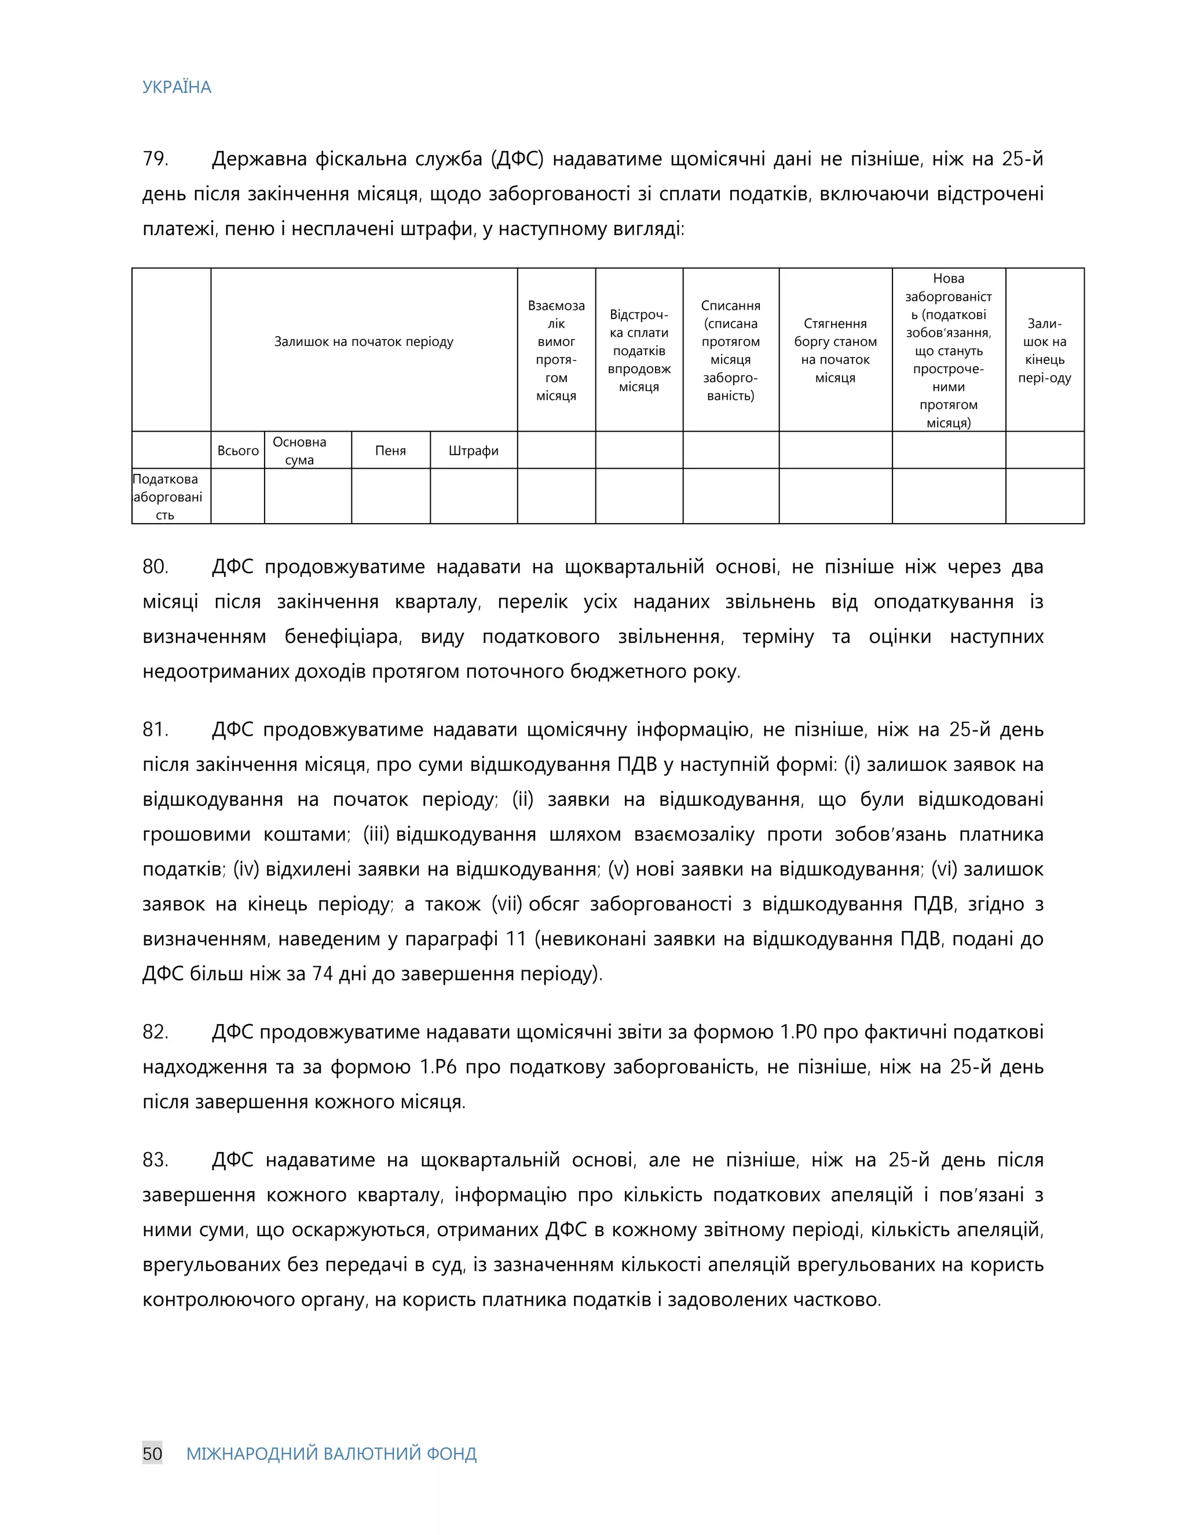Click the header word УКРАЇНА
[x=177, y=87]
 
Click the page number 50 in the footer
[x=152, y=1453]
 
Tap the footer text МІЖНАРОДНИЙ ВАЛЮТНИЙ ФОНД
[x=331, y=1453]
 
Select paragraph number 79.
[x=155, y=159]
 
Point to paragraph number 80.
[x=155, y=567]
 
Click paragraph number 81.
[x=155, y=729]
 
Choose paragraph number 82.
[x=155, y=1032]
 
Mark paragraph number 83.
[x=155, y=1160]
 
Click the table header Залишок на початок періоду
[x=363, y=342]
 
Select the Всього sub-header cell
[x=237, y=451]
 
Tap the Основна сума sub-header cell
[x=299, y=451]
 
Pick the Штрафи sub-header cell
[x=473, y=451]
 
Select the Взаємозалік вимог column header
[x=556, y=350]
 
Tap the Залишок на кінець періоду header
[x=1044, y=350]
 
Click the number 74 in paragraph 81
[x=322, y=974]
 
